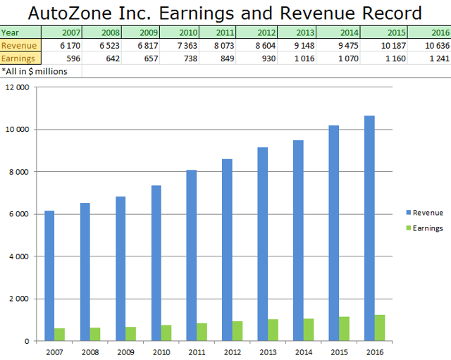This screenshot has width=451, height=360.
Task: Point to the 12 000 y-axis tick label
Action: tap(18, 87)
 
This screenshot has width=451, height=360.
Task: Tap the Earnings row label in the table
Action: tap(18, 57)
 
